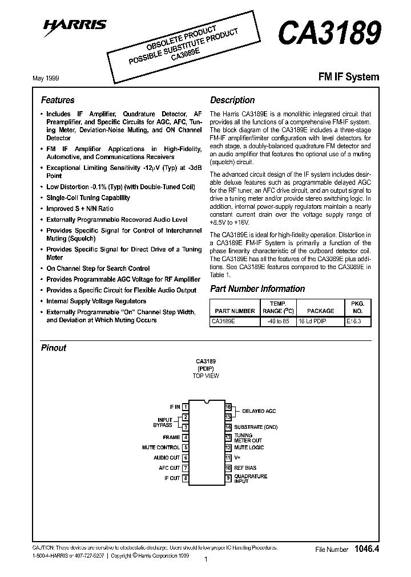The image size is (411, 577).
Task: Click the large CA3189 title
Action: pyautogui.click(x=329, y=34)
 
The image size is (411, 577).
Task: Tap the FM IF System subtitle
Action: pyautogui.click(x=348, y=76)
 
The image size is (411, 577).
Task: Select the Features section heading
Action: pyautogui.click(x=58, y=100)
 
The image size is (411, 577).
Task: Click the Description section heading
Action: pyautogui.click(x=232, y=100)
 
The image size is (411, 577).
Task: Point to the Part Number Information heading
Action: pyautogui.click(x=257, y=288)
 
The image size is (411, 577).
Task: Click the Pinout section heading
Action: pyautogui.click(x=54, y=348)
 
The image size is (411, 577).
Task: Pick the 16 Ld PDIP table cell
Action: pyautogui.click(x=320, y=322)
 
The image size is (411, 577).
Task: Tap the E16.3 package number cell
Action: pyautogui.click(x=358, y=322)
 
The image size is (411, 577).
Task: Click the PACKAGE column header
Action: pyautogui.click(x=320, y=311)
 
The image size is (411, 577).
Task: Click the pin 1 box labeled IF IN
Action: pyautogui.click(x=186, y=407)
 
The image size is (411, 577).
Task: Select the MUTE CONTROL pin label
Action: pyautogui.click(x=161, y=448)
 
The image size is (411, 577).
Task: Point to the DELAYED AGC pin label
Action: pyautogui.click(x=259, y=411)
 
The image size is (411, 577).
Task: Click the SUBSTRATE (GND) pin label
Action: pyautogui.click(x=256, y=427)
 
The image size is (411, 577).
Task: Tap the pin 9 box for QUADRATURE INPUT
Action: pyautogui.click(x=228, y=478)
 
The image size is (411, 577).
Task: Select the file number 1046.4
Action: pyautogui.click(x=366, y=549)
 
